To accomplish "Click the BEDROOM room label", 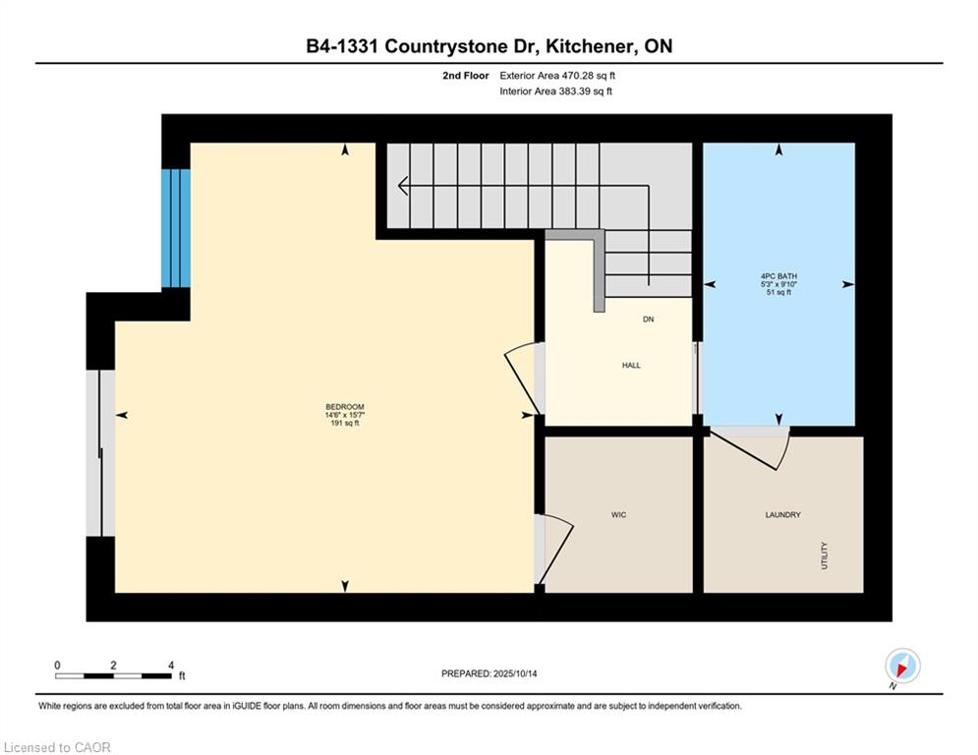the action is [x=345, y=407].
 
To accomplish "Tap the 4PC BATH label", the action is [x=779, y=276].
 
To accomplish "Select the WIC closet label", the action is [x=618, y=515].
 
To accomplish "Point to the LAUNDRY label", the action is [x=782, y=515].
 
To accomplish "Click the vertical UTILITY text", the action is [x=825, y=555].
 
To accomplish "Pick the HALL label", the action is [x=631, y=365].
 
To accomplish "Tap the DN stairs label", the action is [x=648, y=319].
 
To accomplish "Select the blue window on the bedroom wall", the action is [x=176, y=228].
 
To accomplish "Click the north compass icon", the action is [x=902, y=667].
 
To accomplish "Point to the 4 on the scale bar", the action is [x=171, y=666].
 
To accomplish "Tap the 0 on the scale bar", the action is [x=57, y=666].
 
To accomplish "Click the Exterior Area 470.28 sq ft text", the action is [x=557, y=76].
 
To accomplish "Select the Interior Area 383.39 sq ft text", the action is [x=555, y=91].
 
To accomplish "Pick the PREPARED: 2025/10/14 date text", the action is [x=489, y=673].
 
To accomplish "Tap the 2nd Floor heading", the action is [x=466, y=76].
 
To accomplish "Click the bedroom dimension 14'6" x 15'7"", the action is [x=345, y=415].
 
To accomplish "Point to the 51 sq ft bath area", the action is [x=779, y=292].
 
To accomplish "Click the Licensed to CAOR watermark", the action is [x=57, y=747].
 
